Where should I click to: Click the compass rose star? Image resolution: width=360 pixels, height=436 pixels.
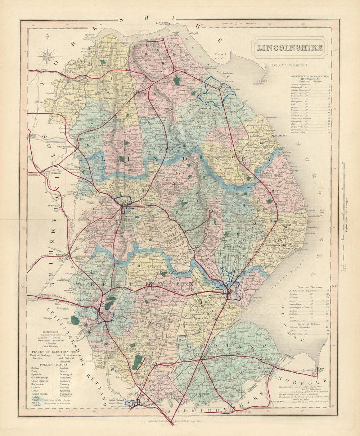tap(47, 56)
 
